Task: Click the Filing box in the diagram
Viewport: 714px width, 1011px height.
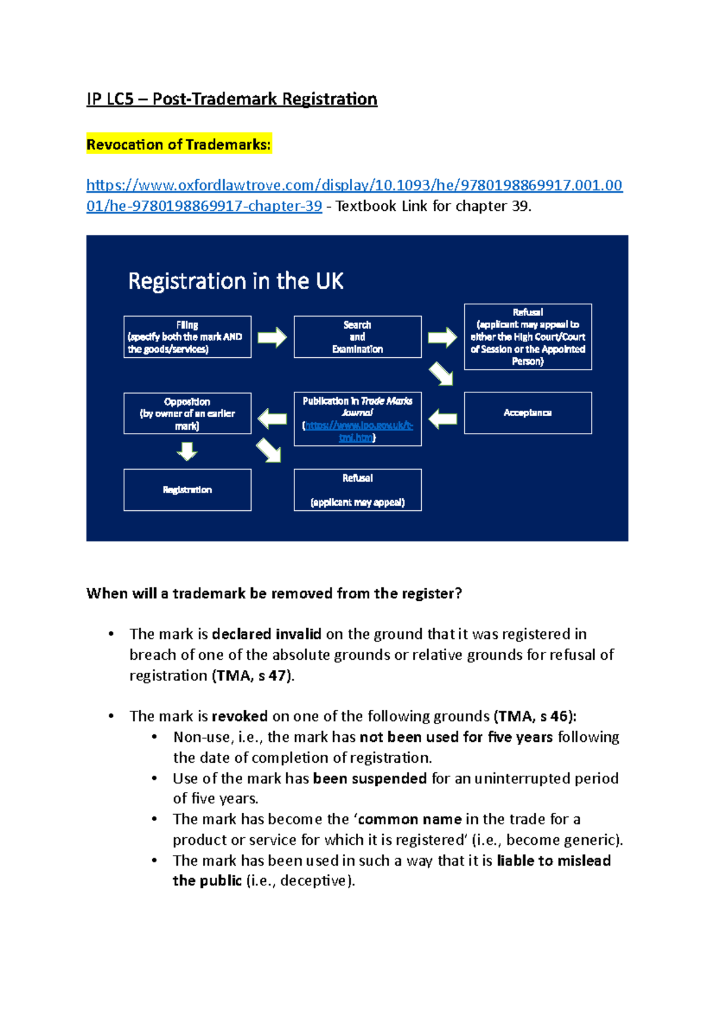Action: click(187, 337)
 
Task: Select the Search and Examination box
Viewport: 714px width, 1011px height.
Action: click(357, 337)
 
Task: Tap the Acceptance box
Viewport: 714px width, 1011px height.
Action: click(527, 413)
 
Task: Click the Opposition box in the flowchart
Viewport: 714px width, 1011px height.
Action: click(187, 413)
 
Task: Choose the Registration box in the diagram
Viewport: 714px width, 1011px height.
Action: click(187, 489)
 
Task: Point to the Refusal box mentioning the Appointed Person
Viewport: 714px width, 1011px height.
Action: click(527, 337)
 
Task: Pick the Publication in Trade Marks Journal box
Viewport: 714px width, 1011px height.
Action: click(357, 419)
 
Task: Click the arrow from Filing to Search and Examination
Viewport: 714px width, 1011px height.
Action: click(272, 337)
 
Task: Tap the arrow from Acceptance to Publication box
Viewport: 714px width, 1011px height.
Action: click(443, 419)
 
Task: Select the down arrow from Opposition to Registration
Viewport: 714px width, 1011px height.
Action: click(187, 451)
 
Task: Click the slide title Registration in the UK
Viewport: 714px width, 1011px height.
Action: click(236, 281)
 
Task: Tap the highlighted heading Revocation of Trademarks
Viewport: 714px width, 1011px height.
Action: click(178, 144)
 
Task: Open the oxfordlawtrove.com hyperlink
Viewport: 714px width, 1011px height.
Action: click(354, 185)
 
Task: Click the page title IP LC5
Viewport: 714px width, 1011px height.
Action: click(231, 99)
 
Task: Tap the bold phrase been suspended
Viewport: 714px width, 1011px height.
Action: click(369, 778)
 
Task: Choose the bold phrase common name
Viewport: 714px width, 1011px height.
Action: click(410, 819)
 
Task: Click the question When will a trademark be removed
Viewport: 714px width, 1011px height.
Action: click(274, 593)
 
